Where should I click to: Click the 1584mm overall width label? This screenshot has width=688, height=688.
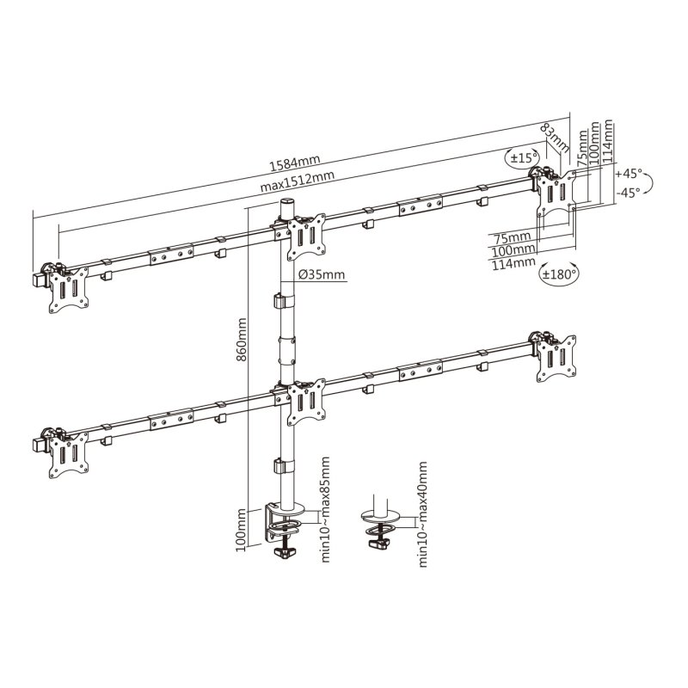point(296,161)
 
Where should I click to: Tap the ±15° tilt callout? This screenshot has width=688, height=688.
point(522,158)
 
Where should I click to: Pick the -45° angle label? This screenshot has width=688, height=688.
point(630,193)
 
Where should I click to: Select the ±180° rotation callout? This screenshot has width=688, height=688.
point(559,274)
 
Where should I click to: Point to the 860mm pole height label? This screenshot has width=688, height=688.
point(243,340)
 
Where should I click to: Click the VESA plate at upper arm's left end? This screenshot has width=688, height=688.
point(68,287)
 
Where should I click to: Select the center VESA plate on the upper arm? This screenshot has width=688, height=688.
point(305,236)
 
